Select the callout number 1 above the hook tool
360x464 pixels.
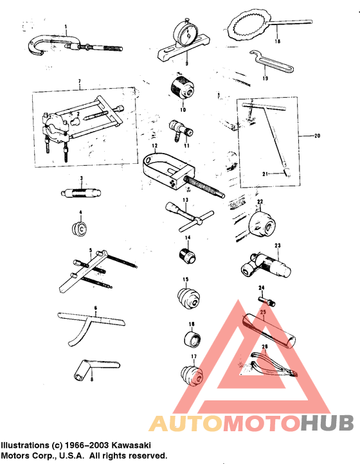pyautogui.click(x=65, y=28)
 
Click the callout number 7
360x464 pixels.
pyautogui.click(x=78, y=82)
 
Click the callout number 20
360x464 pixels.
pyautogui.click(x=316, y=136)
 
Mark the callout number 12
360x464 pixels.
pyautogui.click(x=155, y=147)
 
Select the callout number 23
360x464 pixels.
pyautogui.click(x=278, y=245)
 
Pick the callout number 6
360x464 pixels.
pyautogui.click(x=96, y=308)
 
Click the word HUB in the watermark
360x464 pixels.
pyautogui.click(x=328, y=422)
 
